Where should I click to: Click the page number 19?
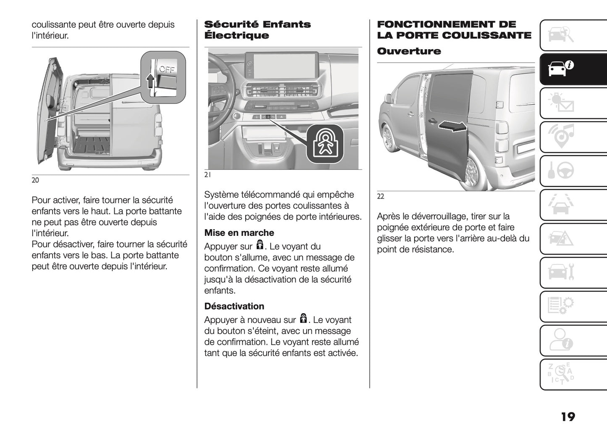point(568,417)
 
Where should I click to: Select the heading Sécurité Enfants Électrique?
point(257,30)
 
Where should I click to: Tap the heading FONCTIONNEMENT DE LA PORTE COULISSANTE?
point(454,30)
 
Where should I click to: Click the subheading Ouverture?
point(409,51)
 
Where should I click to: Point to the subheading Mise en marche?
point(239,233)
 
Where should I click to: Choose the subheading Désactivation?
point(234,306)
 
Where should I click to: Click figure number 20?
point(35,180)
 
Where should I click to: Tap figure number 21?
point(208,176)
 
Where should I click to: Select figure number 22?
point(381,196)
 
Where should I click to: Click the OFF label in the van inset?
point(167,69)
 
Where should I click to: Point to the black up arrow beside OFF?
point(150,80)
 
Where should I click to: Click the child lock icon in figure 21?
point(325,143)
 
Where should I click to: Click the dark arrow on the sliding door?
point(452,126)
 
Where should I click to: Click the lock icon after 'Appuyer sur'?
point(260,246)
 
